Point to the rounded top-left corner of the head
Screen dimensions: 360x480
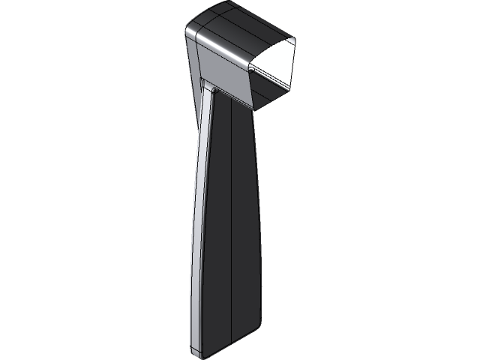click(189, 28)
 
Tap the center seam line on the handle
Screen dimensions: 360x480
click(234, 225)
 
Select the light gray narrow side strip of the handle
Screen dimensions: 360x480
click(196, 225)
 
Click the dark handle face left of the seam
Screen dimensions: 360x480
click(219, 225)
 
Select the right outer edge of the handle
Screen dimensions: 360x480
click(258, 225)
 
